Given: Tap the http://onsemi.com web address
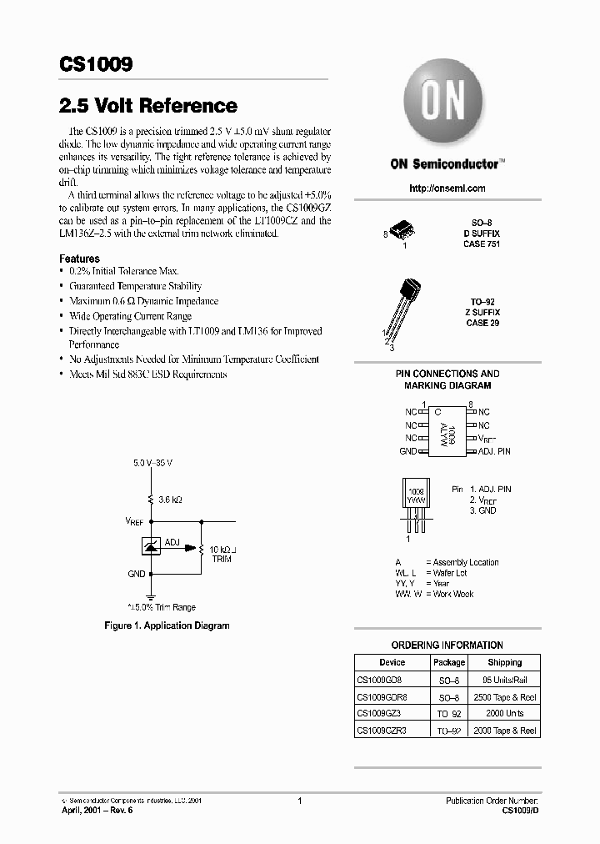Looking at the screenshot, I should tap(447, 188).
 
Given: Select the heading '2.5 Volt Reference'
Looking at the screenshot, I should tap(148, 106).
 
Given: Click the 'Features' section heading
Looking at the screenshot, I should tap(80, 259).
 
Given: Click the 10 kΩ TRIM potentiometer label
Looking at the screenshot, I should tap(222, 554).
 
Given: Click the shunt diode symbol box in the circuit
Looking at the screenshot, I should tap(152, 547).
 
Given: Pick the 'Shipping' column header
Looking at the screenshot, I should tap(504, 662).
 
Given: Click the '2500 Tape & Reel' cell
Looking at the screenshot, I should tap(504, 697).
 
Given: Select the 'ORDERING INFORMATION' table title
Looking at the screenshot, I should tap(447, 645).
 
